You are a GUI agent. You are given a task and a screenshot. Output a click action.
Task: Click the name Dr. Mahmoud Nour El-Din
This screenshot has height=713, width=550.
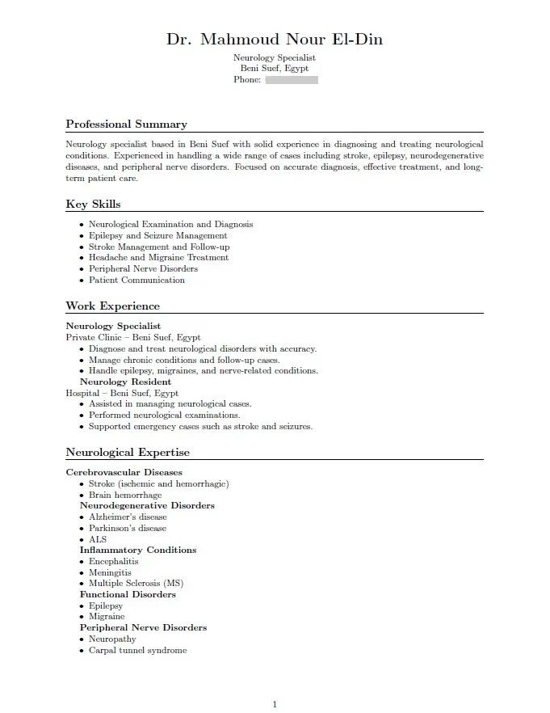point(275,40)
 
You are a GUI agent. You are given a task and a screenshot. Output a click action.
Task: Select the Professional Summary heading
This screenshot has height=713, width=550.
point(126,124)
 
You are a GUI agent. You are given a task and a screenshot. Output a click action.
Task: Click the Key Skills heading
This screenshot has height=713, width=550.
point(93,205)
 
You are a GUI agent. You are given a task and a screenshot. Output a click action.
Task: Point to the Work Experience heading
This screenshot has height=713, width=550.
point(112,306)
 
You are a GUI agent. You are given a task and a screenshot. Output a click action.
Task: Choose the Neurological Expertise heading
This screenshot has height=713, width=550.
point(128,453)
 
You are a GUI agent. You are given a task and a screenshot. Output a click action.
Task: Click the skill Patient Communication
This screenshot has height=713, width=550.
point(136,281)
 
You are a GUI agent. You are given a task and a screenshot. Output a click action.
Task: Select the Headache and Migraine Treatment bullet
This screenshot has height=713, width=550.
point(158,258)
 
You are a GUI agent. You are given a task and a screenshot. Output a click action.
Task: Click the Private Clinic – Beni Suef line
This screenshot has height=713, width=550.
point(133,338)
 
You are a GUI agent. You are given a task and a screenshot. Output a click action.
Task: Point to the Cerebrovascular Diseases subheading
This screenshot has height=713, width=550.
point(124,473)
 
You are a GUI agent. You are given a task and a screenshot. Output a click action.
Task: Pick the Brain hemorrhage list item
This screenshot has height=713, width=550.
point(125,496)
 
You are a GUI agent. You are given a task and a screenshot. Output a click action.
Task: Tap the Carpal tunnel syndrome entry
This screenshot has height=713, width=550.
point(137,651)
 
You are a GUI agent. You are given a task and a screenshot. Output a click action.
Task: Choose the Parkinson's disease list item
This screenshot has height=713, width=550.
point(128,529)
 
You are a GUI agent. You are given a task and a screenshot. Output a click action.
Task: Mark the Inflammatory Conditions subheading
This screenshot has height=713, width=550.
point(137,551)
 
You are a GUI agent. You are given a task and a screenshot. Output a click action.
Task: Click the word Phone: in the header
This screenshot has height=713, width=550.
point(247,80)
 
